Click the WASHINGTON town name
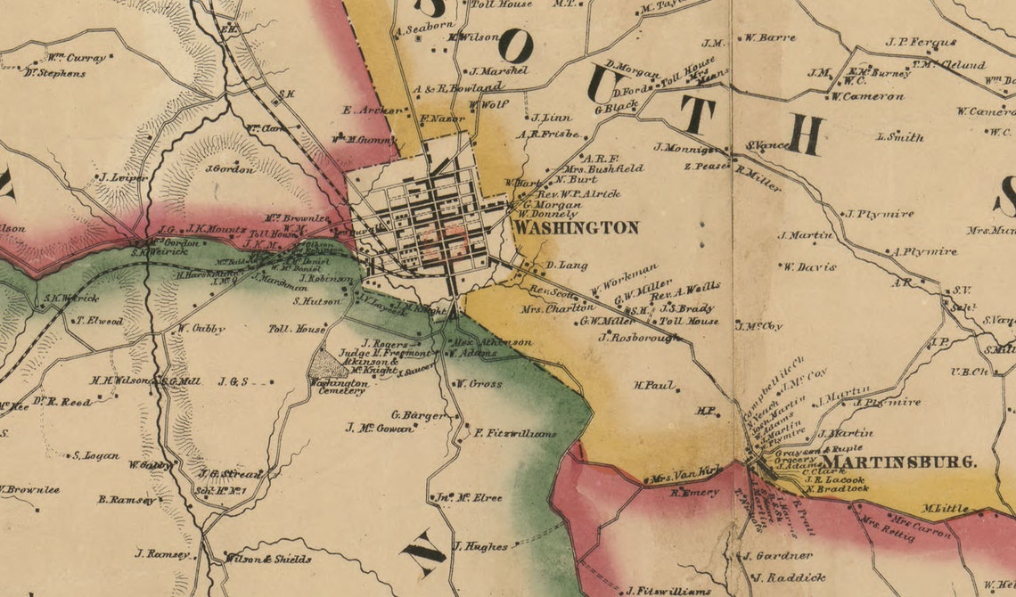pyautogui.click(x=577, y=228)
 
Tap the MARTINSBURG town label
pyautogui.click(x=898, y=462)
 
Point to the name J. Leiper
pyautogui.click(x=123, y=177)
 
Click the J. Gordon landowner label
pyautogui.click(x=229, y=168)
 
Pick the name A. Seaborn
pyautogui.click(x=425, y=29)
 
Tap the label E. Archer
pyautogui.click(x=367, y=110)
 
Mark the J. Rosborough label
pyautogui.click(x=640, y=338)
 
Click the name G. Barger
pyautogui.click(x=418, y=414)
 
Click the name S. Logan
pyautogui.click(x=95, y=455)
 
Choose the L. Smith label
pyautogui.click(x=900, y=137)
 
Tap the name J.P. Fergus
pyautogui.click(x=921, y=42)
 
